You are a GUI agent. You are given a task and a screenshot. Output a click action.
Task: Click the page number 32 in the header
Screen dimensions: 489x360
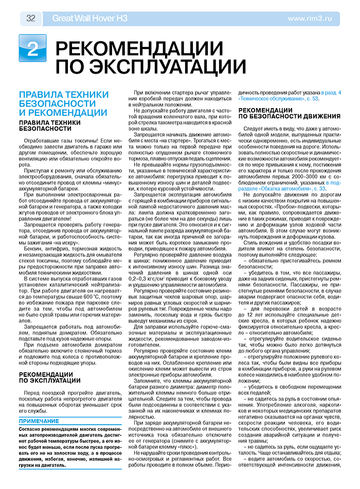coord(30,19)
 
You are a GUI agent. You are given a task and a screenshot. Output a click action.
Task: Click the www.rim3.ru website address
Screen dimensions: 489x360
coord(310,19)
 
